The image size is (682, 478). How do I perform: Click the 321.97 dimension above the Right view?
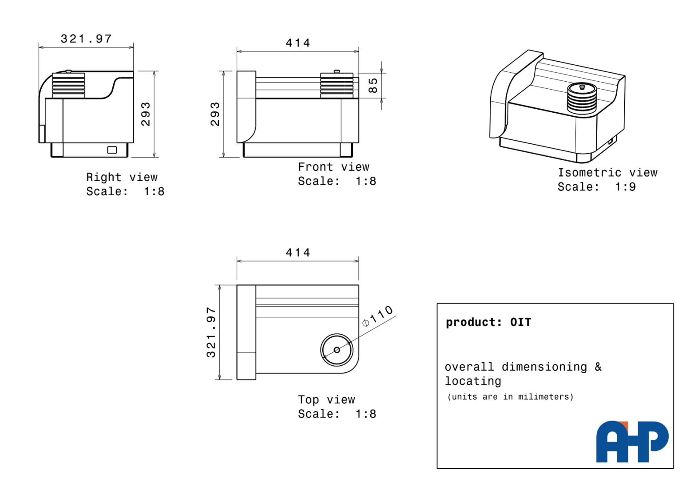click(x=86, y=39)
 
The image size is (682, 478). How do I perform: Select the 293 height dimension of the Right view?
click(x=146, y=114)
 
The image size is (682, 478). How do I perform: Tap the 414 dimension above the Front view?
click(x=298, y=43)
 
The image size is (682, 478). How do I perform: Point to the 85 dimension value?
click(x=373, y=85)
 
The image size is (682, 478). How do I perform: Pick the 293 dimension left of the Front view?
click(x=215, y=114)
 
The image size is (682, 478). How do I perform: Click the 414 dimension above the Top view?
click(x=298, y=253)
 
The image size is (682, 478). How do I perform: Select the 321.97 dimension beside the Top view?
click(x=211, y=332)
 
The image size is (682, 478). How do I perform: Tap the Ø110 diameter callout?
click(x=378, y=316)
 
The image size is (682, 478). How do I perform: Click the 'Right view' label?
click(x=122, y=177)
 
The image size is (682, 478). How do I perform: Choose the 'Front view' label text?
click(x=333, y=167)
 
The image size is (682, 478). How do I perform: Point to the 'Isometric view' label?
click(x=607, y=173)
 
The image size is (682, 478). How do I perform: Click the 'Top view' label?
click(x=326, y=399)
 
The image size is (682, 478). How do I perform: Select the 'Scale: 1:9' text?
click(x=596, y=187)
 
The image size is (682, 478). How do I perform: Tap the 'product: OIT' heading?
click(x=488, y=322)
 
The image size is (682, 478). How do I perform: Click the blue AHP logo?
click(x=632, y=441)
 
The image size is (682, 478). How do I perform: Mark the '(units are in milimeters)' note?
click(x=510, y=397)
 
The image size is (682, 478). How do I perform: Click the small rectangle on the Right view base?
click(x=112, y=150)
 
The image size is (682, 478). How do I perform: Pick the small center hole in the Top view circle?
click(x=337, y=350)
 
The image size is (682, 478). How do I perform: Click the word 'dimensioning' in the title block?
click(x=544, y=367)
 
